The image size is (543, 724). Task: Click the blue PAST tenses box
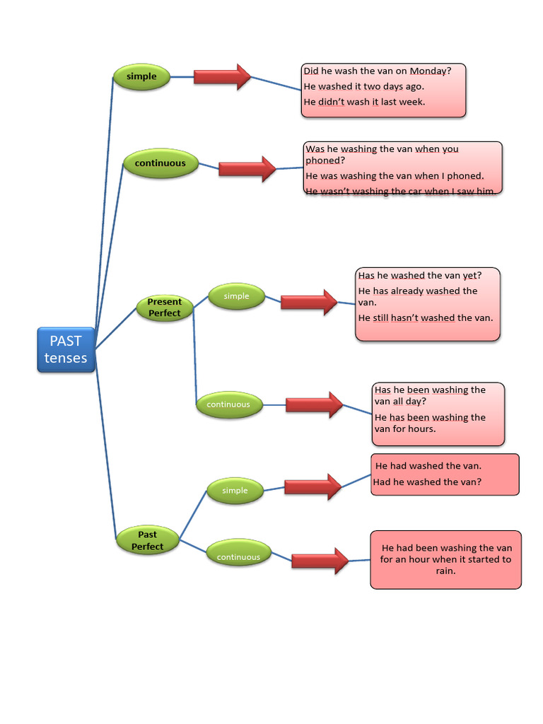(x=66, y=349)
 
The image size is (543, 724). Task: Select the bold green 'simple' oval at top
(x=141, y=76)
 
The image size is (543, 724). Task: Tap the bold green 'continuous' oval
(x=160, y=163)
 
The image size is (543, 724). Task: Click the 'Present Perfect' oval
(x=164, y=308)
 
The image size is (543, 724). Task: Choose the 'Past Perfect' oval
(x=147, y=541)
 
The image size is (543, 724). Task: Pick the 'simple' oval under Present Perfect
(x=236, y=296)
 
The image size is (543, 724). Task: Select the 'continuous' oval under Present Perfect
(x=228, y=404)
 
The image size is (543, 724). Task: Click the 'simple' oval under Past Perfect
(x=235, y=491)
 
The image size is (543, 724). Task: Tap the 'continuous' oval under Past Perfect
(x=238, y=556)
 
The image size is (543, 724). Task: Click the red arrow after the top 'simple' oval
(x=222, y=76)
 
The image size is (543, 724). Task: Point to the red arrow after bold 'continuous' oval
(x=247, y=169)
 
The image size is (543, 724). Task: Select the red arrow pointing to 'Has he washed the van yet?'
(x=309, y=302)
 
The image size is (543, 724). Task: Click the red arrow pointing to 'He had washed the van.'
(x=313, y=486)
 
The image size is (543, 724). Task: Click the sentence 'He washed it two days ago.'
(x=363, y=86)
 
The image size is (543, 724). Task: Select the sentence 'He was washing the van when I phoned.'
(x=395, y=176)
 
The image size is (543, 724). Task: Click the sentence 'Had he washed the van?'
(x=427, y=482)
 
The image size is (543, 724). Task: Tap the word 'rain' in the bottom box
(x=445, y=571)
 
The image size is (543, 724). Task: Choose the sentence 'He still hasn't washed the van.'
(x=425, y=318)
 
